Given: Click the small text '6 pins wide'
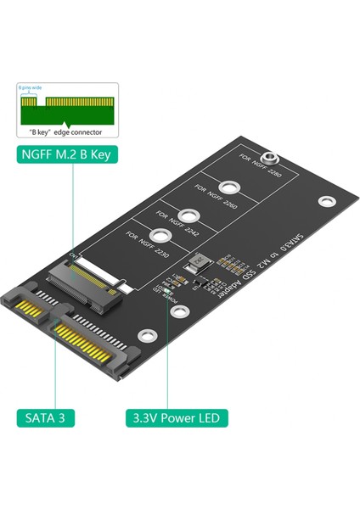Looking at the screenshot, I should point(30,87).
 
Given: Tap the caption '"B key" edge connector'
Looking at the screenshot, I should point(65,132).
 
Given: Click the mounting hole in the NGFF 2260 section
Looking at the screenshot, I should point(228,189).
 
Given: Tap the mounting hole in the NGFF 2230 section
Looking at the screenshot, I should point(156,240).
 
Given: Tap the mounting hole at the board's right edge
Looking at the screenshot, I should point(323,202).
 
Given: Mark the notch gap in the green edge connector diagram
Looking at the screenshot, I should point(42,101).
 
